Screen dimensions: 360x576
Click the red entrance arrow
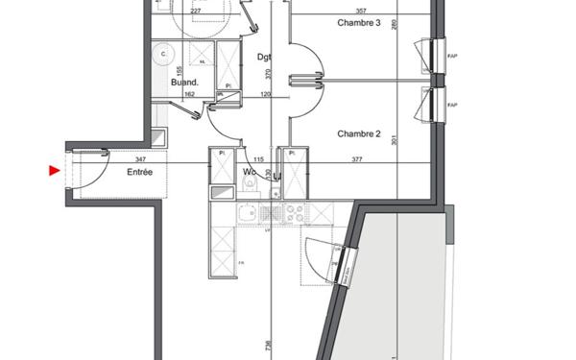point(54,172)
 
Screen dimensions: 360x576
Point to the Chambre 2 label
point(357,133)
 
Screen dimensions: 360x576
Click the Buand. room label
point(184,84)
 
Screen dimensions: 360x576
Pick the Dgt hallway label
point(265,57)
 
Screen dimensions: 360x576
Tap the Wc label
point(248,173)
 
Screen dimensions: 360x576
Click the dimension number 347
point(141,158)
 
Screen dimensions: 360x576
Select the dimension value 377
point(357,159)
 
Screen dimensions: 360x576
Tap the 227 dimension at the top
point(196,12)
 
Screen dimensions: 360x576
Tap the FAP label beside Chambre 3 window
point(451,56)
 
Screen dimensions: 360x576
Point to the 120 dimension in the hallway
point(265,94)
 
